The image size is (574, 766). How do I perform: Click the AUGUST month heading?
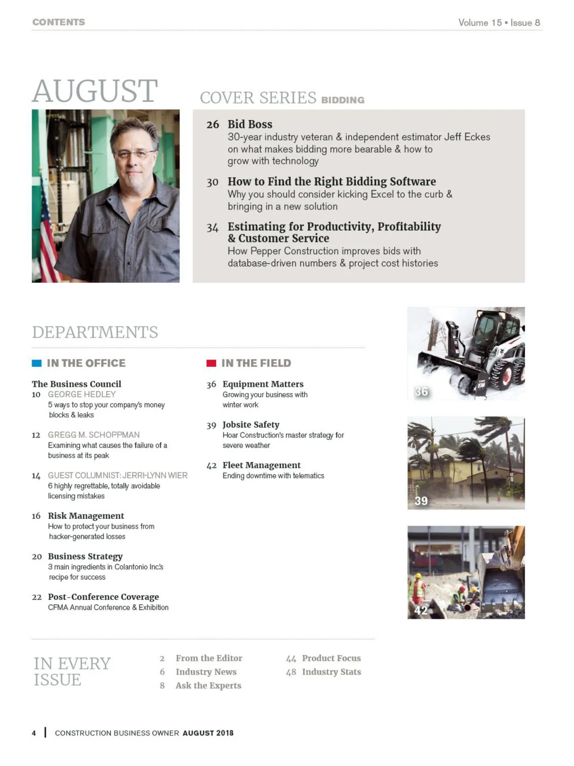[x=95, y=91]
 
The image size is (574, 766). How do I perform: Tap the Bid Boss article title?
[x=250, y=124]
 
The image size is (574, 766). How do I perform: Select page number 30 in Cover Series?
[x=212, y=182]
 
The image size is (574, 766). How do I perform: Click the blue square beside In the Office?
[x=36, y=363]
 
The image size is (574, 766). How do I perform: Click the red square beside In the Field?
[x=211, y=363]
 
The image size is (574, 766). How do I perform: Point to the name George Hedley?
[x=82, y=394]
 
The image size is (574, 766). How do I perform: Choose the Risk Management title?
[x=86, y=516]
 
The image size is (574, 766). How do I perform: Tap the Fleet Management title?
[x=261, y=465]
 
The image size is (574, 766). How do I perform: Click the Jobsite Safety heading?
[x=251, y=425]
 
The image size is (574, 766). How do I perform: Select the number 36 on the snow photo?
[x=421, y=392]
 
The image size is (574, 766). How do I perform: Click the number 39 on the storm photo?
[x=421, y=501]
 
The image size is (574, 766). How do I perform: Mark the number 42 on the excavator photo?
[x=421, y=610]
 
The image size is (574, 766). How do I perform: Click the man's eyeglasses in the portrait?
[x=134, y=154]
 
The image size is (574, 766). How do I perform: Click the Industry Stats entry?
[x=331, y=672]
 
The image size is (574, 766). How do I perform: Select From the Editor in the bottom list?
[x=209, y=658]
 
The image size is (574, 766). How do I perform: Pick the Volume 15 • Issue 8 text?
[x=499, y=23]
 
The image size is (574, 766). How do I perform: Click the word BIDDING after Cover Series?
[x=342, y=100]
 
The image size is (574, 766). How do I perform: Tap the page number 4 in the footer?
[x=34, y=733]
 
